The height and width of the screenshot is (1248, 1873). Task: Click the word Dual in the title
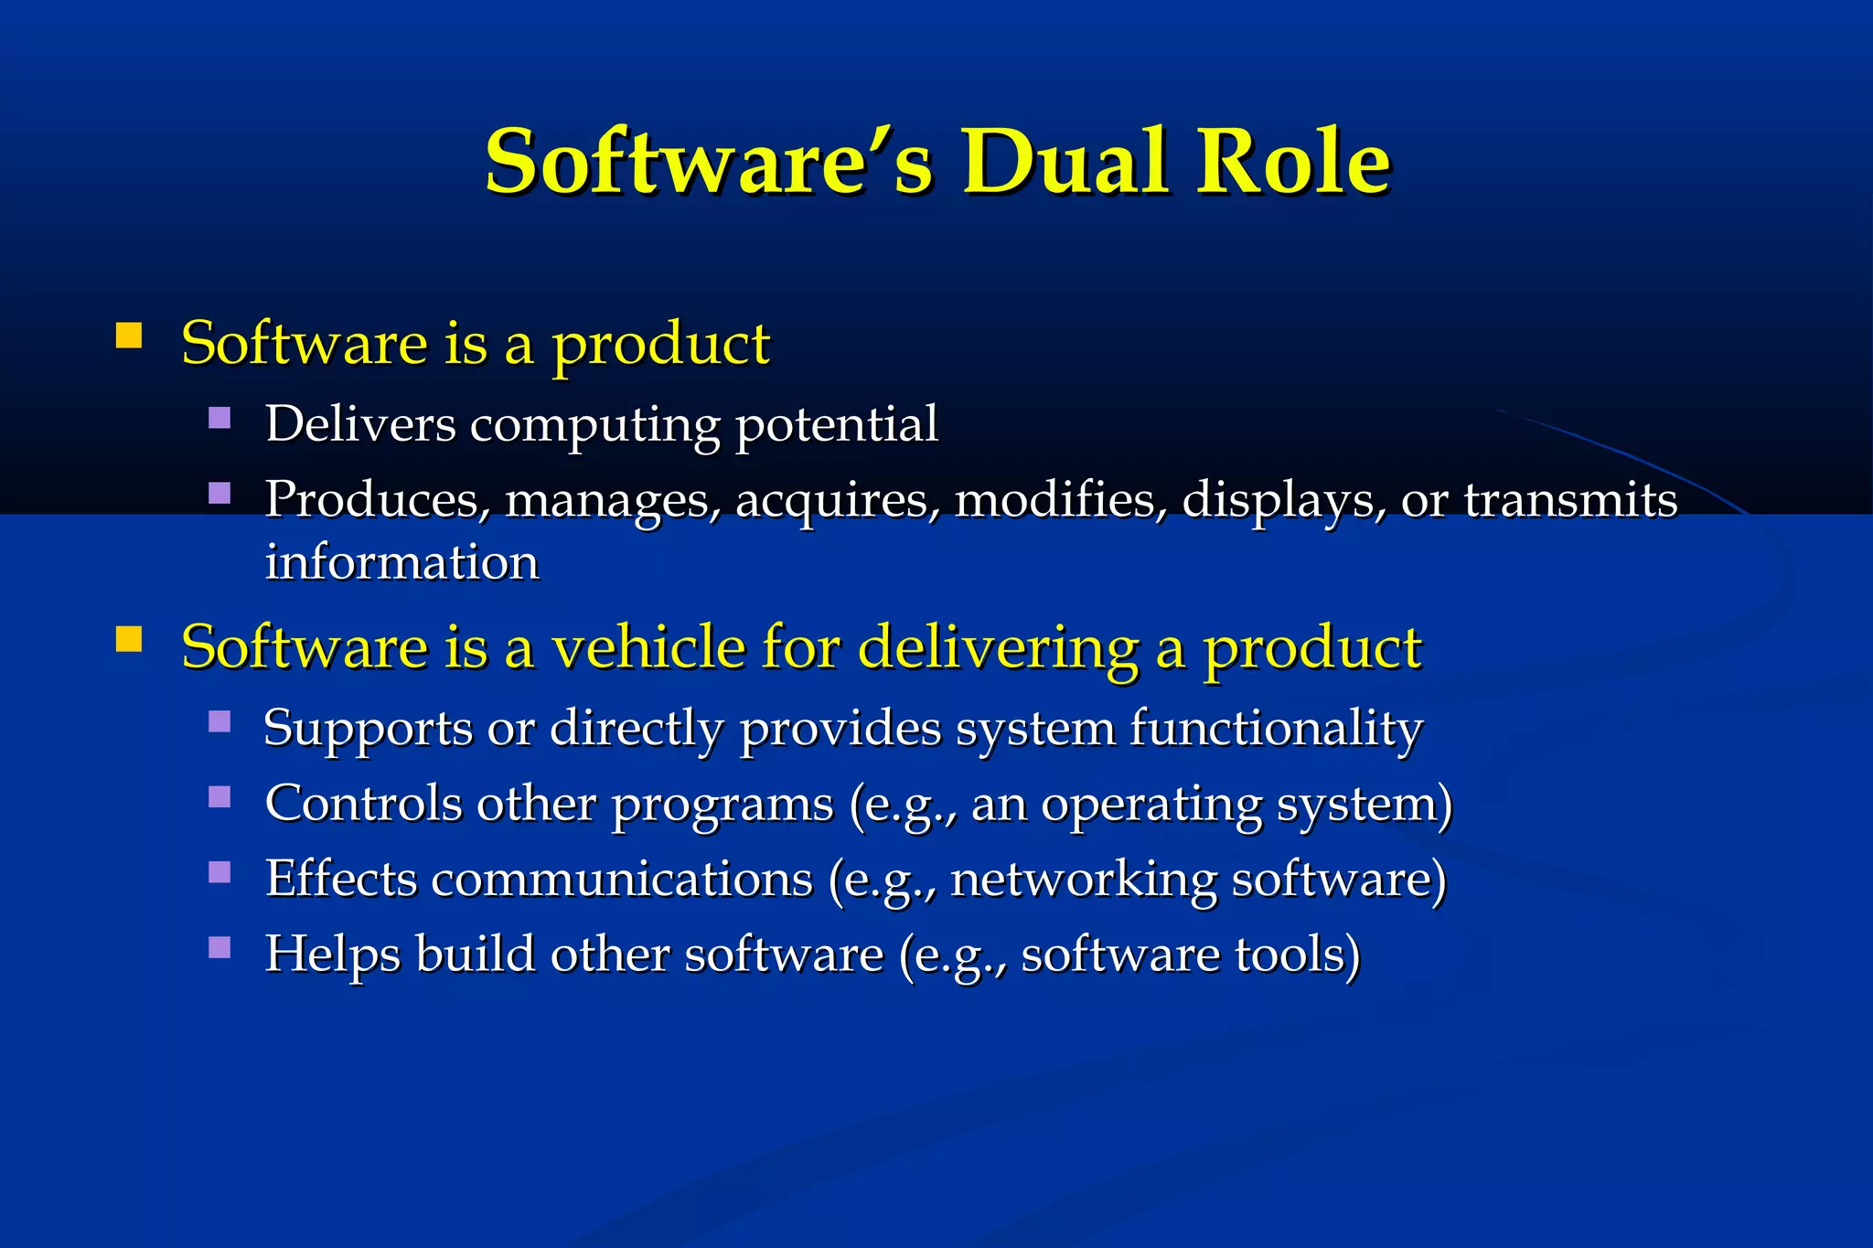tap(1065, 162)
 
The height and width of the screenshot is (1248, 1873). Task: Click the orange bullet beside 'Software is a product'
tap(129, 336)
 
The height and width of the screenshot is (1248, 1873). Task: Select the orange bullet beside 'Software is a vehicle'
tap(129, 639)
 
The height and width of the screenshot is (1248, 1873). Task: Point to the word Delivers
tap(360, 424)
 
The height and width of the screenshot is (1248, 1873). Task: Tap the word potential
tap(836, 424)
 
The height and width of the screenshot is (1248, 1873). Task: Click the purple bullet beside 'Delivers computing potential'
tap(219, 419)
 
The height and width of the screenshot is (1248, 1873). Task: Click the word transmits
tap(1570, 499)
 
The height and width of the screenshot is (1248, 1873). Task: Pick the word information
tap(401, 561)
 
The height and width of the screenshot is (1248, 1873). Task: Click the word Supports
tap(367, 730)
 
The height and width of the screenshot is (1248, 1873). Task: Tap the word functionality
tap(1276, 730)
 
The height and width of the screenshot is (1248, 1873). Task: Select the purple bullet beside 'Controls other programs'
tap(219, 797)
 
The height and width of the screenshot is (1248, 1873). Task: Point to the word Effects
tap(340, 879)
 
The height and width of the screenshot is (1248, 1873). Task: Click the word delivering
tap(998, 648)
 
